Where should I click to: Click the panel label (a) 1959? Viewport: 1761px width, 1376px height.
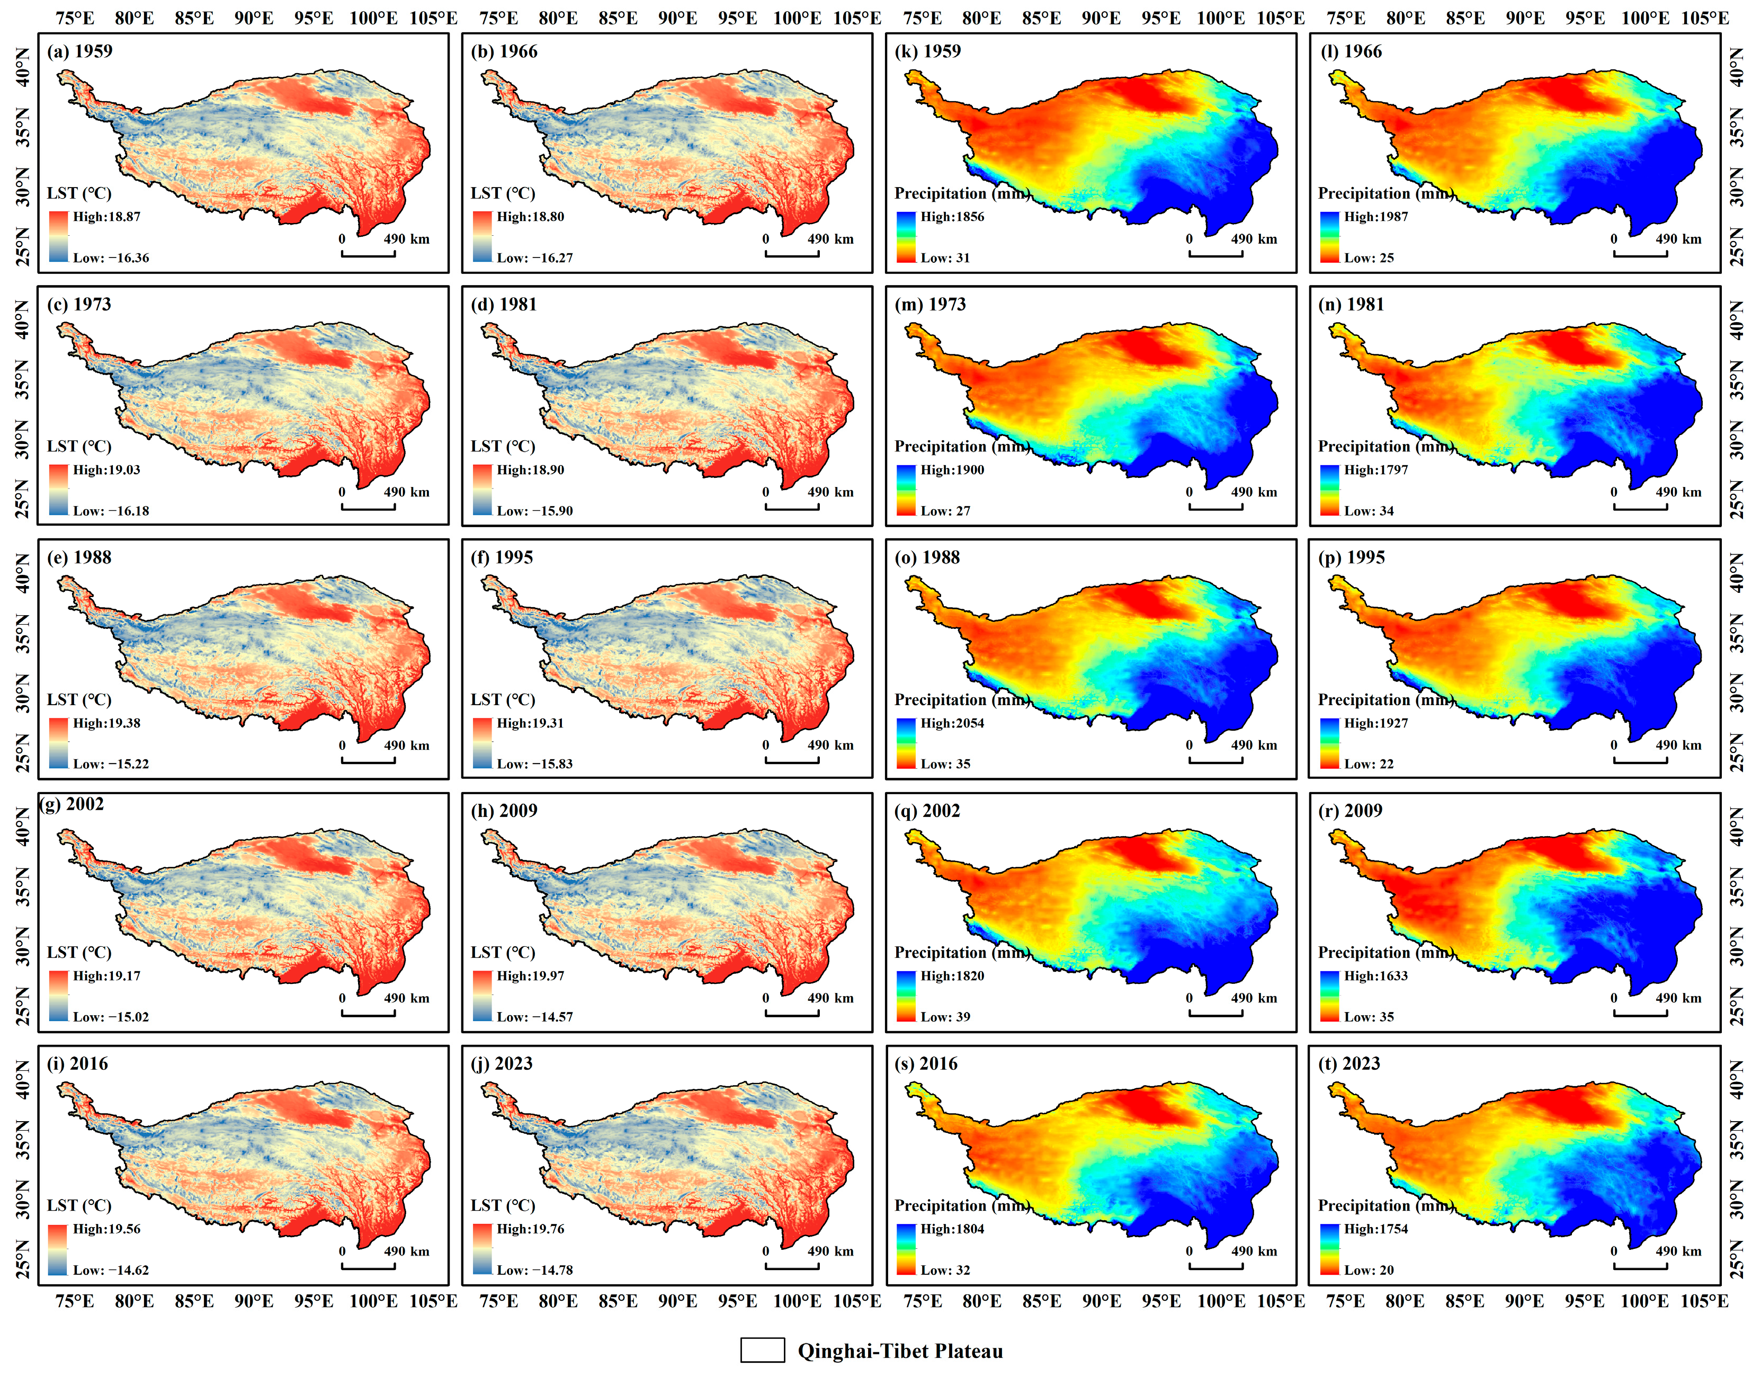tap(79, 51)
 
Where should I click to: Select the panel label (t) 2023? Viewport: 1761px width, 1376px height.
tap(1348, 1064)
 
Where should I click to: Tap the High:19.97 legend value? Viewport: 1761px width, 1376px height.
tap(530, 976)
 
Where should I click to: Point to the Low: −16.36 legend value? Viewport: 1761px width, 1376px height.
tap(111, 258)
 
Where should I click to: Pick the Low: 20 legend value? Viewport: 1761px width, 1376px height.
tap(1369, 1271)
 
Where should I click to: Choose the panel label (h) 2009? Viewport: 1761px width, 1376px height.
tap(503, 811)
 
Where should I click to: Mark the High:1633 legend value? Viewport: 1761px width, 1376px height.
tap(1375, 976)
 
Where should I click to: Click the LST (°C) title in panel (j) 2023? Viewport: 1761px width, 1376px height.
tap(502, 1206)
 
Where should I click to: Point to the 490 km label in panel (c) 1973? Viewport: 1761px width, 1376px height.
tap(406, 492)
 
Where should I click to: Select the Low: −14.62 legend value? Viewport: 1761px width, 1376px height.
tap(111, 1271)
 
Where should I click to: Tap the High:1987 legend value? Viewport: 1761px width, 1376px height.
tap(1375, 217)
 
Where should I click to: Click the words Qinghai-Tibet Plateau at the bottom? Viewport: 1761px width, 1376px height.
tap(900, 1351)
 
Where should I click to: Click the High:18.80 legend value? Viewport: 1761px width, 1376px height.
tap(530, 217)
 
